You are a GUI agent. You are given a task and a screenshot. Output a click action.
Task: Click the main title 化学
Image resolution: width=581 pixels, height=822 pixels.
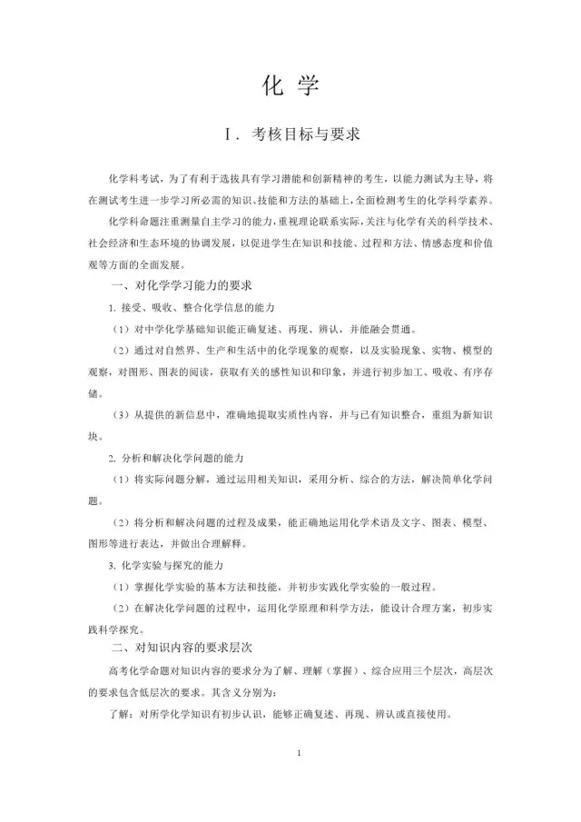290,86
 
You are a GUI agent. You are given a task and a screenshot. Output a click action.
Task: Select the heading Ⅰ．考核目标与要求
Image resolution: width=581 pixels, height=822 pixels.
291,134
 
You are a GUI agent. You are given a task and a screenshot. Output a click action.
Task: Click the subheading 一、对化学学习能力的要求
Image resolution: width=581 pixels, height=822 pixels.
174,286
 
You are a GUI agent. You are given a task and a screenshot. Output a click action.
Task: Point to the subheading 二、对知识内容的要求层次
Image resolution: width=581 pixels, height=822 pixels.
174,648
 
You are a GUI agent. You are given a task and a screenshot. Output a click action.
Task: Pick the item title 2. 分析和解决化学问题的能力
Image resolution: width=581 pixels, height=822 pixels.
178,457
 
